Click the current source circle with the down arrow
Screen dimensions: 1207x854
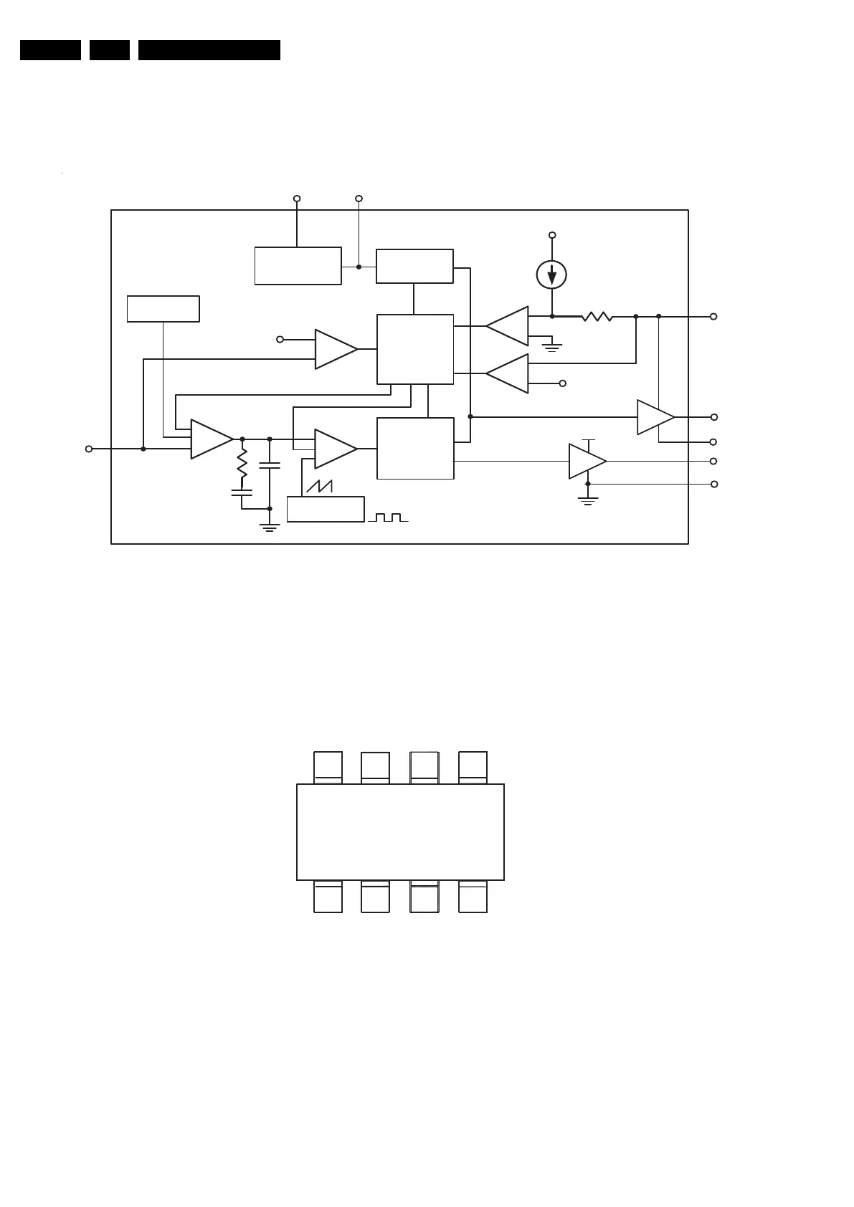551,275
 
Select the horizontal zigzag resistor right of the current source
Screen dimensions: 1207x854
597,316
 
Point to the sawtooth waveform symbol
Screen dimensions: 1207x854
320,485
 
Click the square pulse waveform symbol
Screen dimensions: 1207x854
388,517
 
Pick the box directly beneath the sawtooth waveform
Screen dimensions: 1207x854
326,509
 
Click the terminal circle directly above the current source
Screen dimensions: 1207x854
551,235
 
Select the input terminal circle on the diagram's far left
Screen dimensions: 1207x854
89,449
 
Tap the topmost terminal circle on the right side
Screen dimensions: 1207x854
713,316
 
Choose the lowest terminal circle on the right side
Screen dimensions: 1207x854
713,485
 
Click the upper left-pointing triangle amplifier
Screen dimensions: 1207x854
508,326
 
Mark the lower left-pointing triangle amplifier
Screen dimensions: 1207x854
508,373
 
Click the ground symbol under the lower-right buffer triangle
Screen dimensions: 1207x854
588,501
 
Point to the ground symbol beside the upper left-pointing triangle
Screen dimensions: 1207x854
552,348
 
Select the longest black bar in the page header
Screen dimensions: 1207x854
209,50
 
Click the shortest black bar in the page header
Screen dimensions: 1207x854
110,50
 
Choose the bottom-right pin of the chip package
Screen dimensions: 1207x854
473,897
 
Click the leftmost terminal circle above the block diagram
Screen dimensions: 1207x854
297,199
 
